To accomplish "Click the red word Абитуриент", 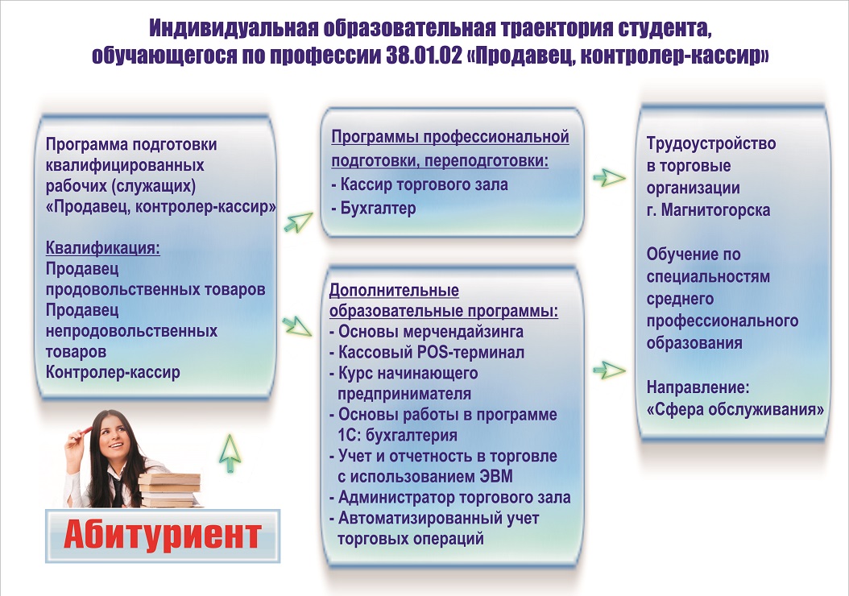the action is click(x=163, y=535).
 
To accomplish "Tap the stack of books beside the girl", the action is click(x=170, y=490).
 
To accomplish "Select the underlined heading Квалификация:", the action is click(x=103, y=248).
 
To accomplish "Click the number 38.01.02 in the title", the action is click(x=424, y=56).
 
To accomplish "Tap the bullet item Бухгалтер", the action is click(x=373, y=208).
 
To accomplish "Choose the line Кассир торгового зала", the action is click(x=419, y=184).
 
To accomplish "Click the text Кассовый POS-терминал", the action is click(x=427, y=353).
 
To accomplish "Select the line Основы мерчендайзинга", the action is click(x=426, y=331).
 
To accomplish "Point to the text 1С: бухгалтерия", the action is click(x=397, y=435).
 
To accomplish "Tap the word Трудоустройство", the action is click(x=711, y=143).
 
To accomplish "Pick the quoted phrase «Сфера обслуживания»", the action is click(x=735, y=409).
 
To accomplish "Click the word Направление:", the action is click(x=698, y=387).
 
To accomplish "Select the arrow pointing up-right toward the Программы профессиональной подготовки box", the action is click(x=298, y=222).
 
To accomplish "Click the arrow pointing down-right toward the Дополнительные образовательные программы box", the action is click(x=296, y=326).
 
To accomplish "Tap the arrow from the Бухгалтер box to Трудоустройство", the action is click(x=609, y=177).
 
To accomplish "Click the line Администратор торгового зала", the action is click(x=450, y=498).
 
